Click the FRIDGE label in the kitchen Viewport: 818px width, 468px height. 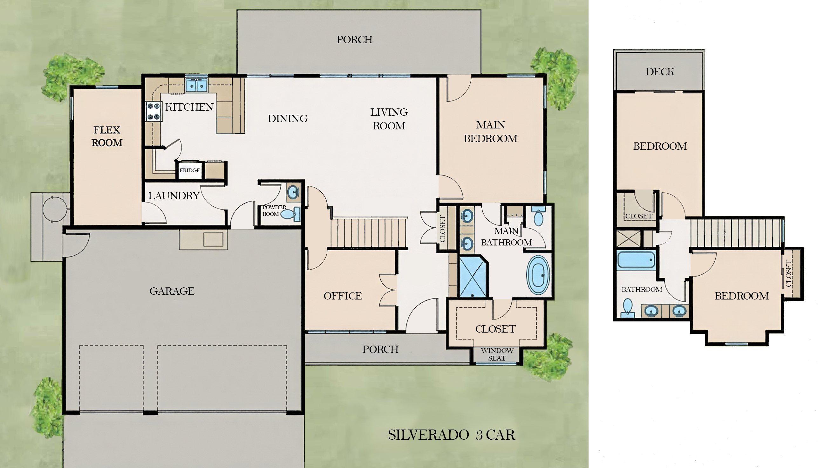(189, 170)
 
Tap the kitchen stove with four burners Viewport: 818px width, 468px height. (154, 111)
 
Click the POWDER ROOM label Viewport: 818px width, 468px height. (274, 210)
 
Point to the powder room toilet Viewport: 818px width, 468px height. (290, 214)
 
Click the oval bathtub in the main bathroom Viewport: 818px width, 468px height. (538, 275)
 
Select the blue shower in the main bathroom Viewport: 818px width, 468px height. (473, 277)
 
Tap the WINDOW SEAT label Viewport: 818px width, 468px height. (497, 354)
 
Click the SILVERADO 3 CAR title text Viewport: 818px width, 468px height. (451, 435)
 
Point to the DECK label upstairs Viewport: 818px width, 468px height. (660, 72)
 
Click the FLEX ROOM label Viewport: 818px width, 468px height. (107, 136)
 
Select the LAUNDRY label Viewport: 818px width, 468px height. (174, 196)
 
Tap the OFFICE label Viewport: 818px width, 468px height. (343, 296)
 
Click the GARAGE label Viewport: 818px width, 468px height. (172, 291)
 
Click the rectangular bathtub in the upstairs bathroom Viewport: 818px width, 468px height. (636, 260)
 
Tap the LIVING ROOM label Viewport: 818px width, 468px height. (389, 119)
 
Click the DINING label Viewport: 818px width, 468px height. (288, 119)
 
